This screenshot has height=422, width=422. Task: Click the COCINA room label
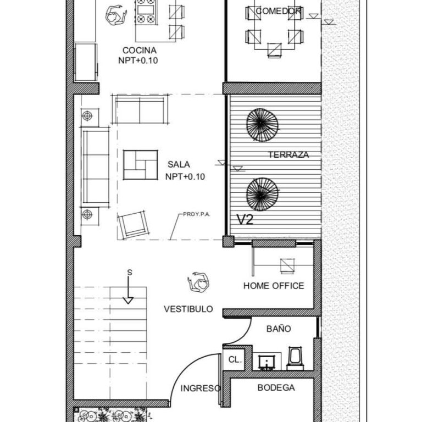click(140, 51)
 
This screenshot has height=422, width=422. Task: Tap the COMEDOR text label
click(278, 11)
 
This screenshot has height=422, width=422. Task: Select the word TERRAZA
click(288, 155)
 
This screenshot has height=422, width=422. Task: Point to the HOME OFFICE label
click(274, 286)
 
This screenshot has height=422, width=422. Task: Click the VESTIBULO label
click(188, 309)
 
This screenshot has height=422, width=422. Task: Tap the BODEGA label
click(276, 387)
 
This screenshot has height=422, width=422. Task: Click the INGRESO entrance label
click(201, 388)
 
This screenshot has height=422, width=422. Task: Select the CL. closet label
click(235, 359)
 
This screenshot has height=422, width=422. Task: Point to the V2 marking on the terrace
click(245, 220)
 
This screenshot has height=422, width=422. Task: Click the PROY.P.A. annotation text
click(196, 214)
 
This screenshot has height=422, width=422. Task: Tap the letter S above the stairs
click(130, 273)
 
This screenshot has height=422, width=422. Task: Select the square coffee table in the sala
click(141, 165)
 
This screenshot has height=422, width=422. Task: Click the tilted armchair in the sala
click(134, 225)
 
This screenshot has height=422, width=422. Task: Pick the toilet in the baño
click(295, 358)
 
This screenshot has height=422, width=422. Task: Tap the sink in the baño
click(266, 362)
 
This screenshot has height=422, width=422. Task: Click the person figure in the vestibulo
click(198, 282)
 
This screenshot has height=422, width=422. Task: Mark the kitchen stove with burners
click(146, 12)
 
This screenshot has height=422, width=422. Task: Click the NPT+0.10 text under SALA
click(185, 177)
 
